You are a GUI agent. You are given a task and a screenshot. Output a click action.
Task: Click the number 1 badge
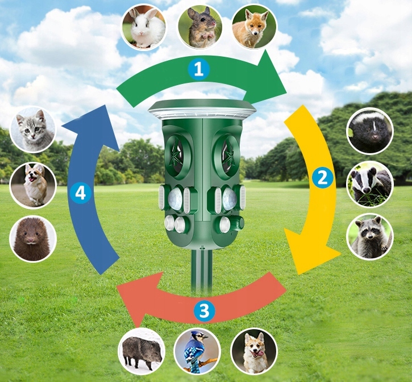[198, 69]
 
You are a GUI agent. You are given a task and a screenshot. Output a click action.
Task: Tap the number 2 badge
[322, 178]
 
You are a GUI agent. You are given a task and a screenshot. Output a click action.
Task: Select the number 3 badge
[205, 310]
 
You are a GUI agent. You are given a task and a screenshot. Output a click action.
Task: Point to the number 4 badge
[80, 194]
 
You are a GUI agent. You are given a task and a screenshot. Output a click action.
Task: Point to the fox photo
[254, 27]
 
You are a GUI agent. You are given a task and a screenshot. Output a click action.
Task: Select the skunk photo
[370, 131]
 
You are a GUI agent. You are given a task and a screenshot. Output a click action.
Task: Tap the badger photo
[370, 183]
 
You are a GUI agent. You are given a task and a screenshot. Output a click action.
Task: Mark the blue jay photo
[197, 351]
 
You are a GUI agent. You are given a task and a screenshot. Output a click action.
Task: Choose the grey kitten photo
[33, 129]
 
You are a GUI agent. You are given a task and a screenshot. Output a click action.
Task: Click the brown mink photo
[33, 238]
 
